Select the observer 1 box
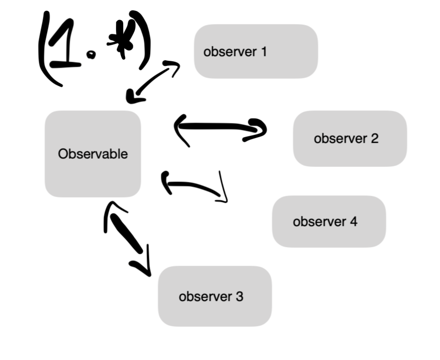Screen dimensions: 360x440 tap(256, 52)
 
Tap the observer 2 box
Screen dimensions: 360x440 tap(350, 138)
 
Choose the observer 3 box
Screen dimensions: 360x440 tap(215, 296)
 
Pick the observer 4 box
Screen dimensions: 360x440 tap(329, 222)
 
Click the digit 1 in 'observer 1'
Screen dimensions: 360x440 tap(263, 52)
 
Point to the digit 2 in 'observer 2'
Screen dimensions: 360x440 tap(374, 138)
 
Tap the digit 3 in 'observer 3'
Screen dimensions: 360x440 tap(240, 296)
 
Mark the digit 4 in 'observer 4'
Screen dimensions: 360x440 tap(353, 222)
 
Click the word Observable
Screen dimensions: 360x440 tap(93, 154)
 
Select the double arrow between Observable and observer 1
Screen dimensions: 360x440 tap(153, 81)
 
